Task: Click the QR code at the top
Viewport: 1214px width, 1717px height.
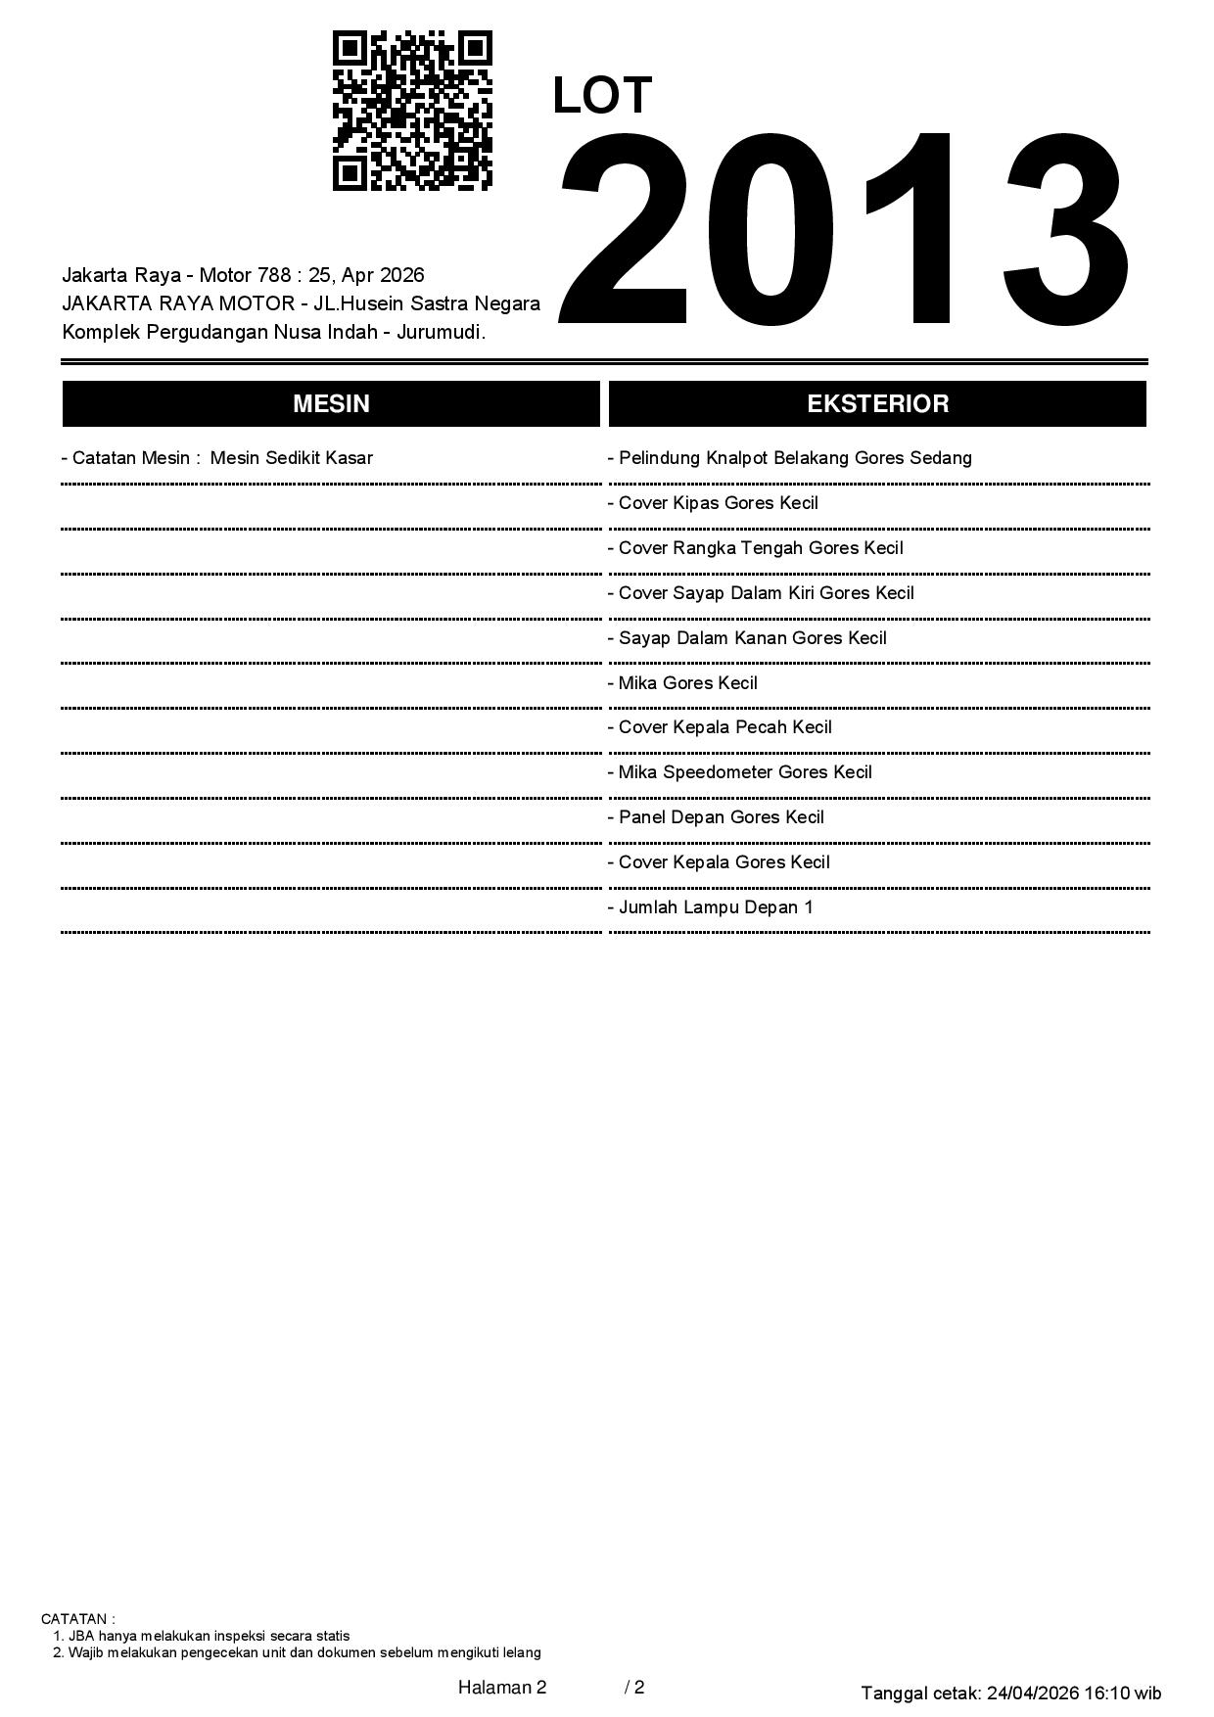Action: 412,110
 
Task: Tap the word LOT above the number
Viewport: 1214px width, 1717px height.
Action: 602,96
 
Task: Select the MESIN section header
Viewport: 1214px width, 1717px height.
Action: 331,403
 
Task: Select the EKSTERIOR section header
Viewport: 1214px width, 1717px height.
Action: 877,403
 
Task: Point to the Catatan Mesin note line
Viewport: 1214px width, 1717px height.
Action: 217,458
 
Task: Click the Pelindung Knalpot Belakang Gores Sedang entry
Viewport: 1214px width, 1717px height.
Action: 790,458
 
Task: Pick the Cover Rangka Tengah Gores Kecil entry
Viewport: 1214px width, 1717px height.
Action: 756,548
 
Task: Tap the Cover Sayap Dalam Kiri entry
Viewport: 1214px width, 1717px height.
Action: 761,593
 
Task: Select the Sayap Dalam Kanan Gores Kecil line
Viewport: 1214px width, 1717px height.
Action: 747,638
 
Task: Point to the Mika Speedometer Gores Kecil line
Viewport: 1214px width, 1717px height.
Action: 740,772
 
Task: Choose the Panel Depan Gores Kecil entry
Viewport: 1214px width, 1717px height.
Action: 716,817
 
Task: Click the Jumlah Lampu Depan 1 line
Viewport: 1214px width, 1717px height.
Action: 711,907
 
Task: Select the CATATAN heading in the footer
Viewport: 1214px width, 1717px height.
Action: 77,1619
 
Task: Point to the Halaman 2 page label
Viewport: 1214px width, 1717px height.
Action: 501,1688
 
